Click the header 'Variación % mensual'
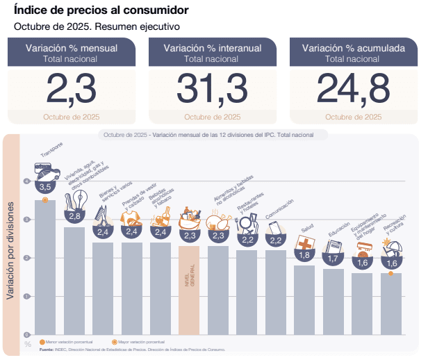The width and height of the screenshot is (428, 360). click(71, 48)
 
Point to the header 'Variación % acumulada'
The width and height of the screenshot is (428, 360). click(353, 48)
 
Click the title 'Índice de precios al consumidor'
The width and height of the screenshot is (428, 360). click(101, 10)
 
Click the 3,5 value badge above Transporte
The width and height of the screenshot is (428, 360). click(46, 187)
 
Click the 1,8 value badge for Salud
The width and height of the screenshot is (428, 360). click(304, 255)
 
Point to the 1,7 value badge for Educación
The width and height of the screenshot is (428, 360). click(334, 259)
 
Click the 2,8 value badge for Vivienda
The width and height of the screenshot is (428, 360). click(74, 216)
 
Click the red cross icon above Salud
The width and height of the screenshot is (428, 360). click(304, 243)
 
